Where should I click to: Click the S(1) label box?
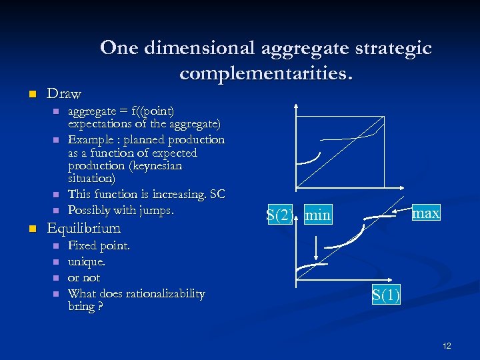tap(386, 295)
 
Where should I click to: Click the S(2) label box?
tap(279, 215)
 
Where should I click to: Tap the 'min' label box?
tap(317, 215)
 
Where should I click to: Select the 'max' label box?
tap(425, 213)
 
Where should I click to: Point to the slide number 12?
tap(447, 345)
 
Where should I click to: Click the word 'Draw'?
tap(64, 93)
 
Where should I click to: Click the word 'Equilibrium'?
tap(83, 228)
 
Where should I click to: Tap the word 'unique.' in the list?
tap(87, 262)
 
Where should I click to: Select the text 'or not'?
tap(84, 278)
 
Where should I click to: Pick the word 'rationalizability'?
tap(164, 294)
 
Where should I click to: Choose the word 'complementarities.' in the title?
tap(266, 73)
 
